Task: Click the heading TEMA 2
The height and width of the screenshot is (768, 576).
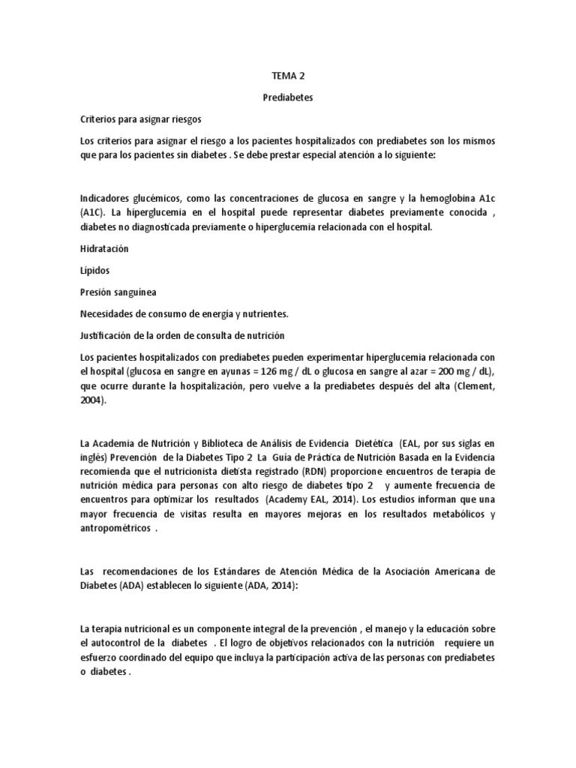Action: pyautogui.click(x=287, y=76)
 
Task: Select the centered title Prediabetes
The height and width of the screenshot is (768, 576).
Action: pyautogui.click(x=287, y=98)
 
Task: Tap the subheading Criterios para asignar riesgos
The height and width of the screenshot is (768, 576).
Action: pyautogui.click(x=140, y=120)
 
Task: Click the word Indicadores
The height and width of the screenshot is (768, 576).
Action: pyautogui.click(x=105, y=199)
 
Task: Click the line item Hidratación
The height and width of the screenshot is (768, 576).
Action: pyautogui.click(x=105, y=248)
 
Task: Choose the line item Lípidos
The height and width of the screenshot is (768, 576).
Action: pyautogui.click(x=96, y=270)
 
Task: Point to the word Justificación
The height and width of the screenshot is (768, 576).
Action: pyautogui.click(x=108, y=335)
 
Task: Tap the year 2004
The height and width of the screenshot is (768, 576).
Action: pyautogui.click(x=92, y=400)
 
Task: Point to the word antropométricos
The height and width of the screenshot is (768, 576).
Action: pyautogui.click(x=114, y=529)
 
